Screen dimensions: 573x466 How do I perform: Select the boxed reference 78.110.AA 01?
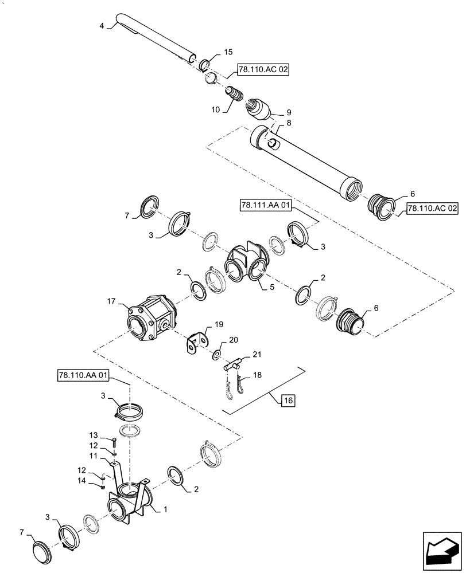pyautogui.click(x=83, y=376)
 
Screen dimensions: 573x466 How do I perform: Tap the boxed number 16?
pyautogui.click(x=288, y=401)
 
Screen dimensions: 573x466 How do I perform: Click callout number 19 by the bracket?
pyautogui.click(x=219, y=324)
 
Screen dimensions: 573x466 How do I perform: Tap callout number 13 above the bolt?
pyautogui.click(x=93, y=435)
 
